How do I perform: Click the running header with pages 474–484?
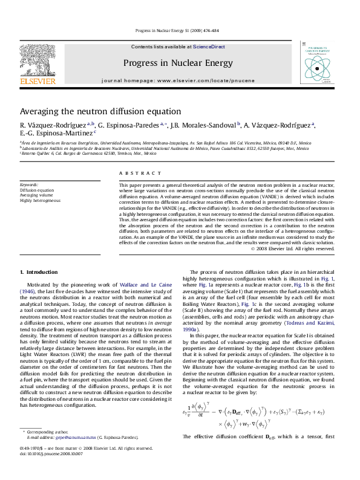(x=180, y=30)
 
